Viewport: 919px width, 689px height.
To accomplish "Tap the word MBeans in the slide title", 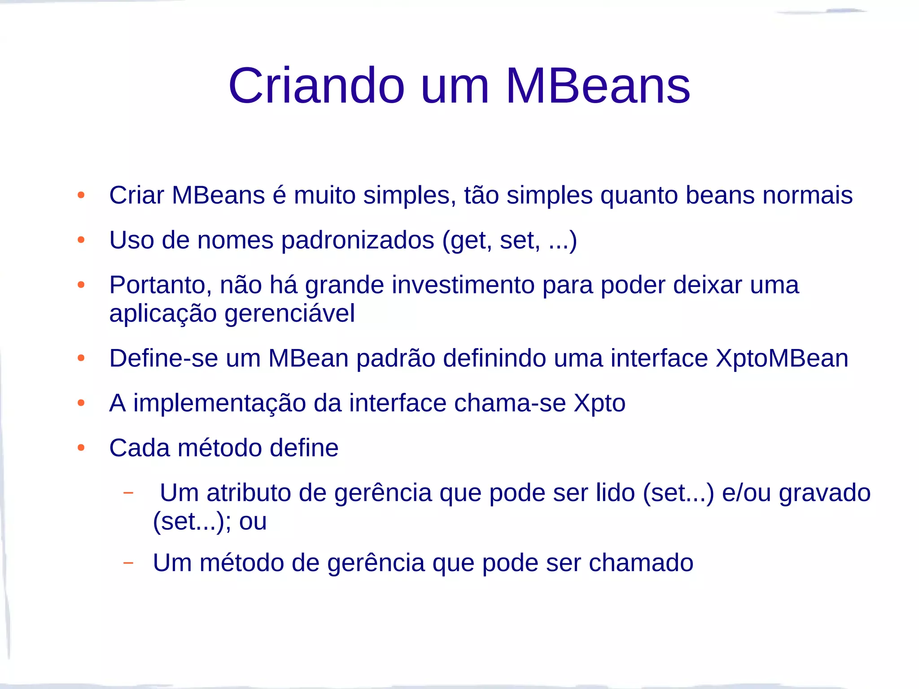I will tap(598, 86).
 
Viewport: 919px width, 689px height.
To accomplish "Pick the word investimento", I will tap(463, 285).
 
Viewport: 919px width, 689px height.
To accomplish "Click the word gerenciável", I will tap(289, 313).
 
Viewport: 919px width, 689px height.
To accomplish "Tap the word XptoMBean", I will tap(782, 358).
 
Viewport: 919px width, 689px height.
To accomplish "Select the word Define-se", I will tap(163, 358).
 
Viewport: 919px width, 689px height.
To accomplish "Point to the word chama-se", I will tap(510, 403).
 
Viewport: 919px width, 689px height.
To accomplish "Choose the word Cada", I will tap(140, 448).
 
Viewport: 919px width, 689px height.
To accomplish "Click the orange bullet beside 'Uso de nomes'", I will tap(81, 240).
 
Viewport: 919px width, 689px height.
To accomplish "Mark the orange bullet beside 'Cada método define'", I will tap(81, 448).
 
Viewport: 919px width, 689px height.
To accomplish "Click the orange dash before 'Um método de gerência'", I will tap(128, 563).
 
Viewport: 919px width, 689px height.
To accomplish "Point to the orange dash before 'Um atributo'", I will tap(128, 493).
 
